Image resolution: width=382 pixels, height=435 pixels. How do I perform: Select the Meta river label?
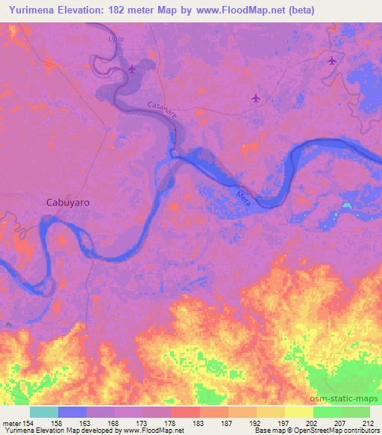tap(244, 197)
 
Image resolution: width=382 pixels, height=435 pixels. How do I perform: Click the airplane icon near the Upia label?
tap(133, 70)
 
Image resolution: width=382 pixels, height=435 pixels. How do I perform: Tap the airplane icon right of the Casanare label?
tap(257, 97)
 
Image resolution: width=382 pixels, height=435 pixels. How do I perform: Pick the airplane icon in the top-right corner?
tap(332, 61)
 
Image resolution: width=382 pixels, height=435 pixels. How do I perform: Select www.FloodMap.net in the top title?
tap(231, 10)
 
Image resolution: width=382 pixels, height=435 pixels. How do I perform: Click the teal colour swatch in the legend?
tap(44, 412)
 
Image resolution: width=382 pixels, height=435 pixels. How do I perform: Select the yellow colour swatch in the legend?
tap(298, 412)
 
